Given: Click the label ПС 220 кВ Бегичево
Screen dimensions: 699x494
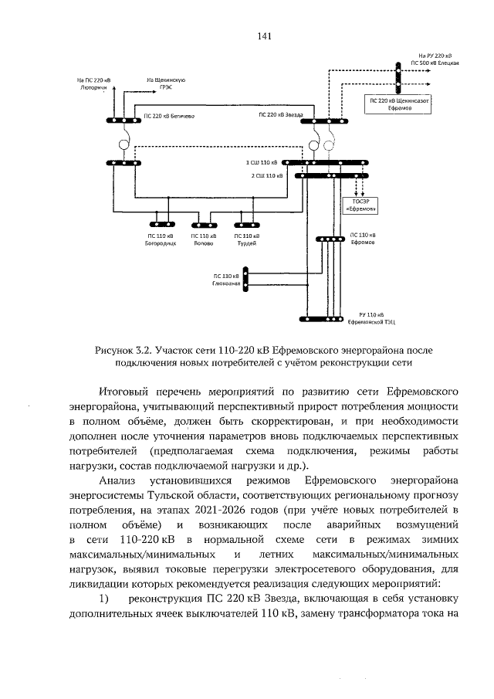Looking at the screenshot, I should [169, 116].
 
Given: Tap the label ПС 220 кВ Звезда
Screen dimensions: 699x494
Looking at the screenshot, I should [281, 114].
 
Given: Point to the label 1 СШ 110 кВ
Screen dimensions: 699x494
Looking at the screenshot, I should [261, 163].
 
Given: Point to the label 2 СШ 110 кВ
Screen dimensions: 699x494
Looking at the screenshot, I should [263, 176].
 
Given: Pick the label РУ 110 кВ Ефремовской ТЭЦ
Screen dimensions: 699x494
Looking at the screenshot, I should [366, 317].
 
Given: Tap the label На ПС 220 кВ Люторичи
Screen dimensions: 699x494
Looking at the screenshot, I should [95, 83].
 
